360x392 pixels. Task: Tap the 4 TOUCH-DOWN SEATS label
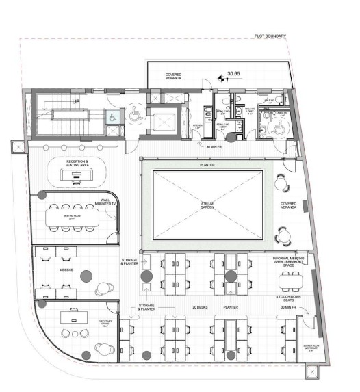click(286, 297)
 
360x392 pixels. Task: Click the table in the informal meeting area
click(287, 280)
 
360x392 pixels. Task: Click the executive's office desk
click(73, 317)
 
